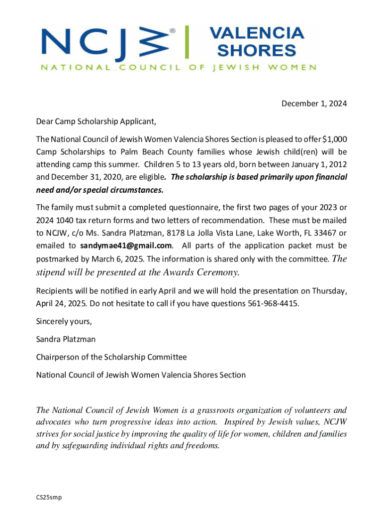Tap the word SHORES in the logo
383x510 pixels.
(257, 50)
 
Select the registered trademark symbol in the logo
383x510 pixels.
(173, 31)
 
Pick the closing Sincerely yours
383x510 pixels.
(64, 321)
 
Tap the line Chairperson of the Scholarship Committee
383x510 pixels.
(111, 357)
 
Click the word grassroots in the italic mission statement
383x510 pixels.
(224, 411)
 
